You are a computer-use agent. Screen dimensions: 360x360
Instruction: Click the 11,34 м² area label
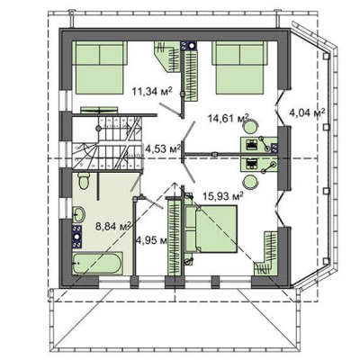coord(152,91)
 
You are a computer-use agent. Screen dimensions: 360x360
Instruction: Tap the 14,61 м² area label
coord(229,118)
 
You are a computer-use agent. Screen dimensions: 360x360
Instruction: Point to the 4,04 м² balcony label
coord(307,113)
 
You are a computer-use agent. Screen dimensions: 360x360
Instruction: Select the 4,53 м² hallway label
coord(163,148)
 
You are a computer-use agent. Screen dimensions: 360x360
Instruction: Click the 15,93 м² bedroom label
coord(223,196)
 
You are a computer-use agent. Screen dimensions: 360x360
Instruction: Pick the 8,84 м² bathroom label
coord(113,226)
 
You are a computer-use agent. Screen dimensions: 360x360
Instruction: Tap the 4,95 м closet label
coord(151,240)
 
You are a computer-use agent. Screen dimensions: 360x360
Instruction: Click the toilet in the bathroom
coord(84,181)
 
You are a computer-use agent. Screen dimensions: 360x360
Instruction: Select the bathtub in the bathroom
coord(97,263)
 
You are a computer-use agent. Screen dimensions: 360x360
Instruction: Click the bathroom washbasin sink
coord(79,214)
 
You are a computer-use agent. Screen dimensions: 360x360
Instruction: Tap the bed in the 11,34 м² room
coord(98,67)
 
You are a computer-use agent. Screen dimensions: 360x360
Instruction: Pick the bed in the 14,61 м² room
coord(239,67)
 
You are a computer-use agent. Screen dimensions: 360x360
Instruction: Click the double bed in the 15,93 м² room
coord(211,229)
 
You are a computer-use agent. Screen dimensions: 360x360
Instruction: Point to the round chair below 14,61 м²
coord(250,126)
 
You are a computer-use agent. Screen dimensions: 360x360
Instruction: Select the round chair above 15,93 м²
coord(250,182)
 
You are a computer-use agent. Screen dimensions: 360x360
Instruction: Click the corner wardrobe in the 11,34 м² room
coord(168,57)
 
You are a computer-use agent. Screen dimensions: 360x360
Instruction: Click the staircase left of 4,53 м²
coord(107,143)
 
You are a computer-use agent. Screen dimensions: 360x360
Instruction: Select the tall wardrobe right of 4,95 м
coord(175,237)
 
